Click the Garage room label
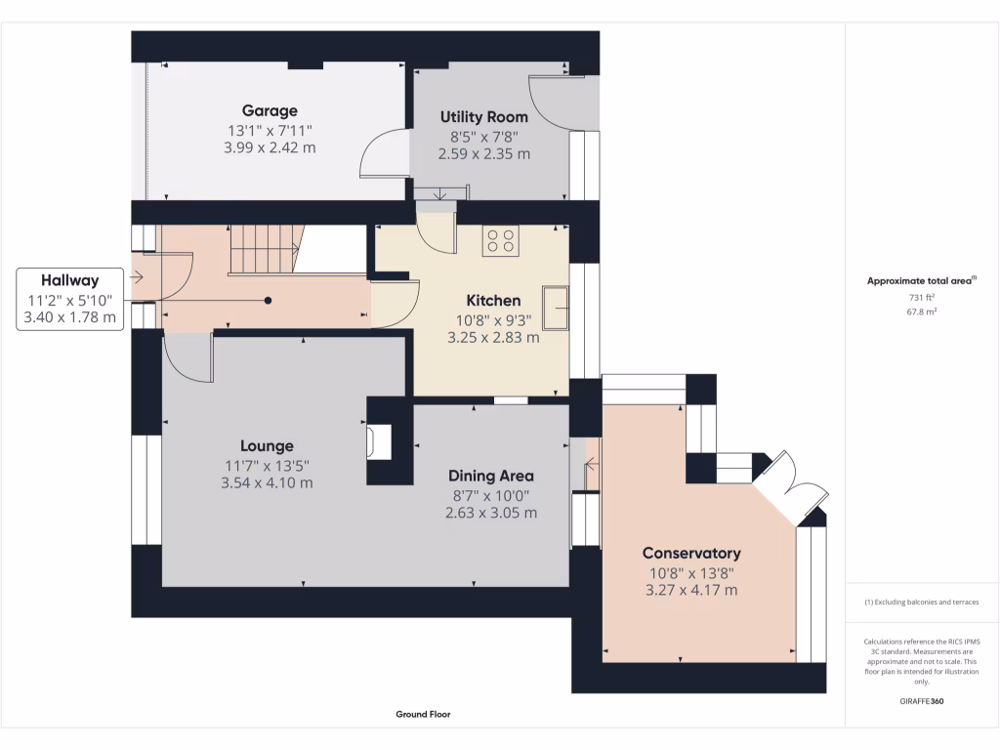tap(270, 110)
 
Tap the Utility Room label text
tap(484, 117)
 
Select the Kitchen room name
tap(493, 301)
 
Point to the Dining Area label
tap(491, 476)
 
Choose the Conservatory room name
tap(691, 553)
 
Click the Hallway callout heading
tap(69, 280)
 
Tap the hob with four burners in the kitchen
tap(501, 240)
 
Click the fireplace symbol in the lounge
tap(379, 441)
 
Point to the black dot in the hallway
tap(268, 301)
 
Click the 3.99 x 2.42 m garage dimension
tap(270, 148)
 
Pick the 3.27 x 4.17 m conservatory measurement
tap(691, 590)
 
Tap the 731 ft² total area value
tap(921, 297)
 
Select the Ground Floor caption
tap(423, 714)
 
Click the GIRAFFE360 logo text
tap(921, 701)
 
